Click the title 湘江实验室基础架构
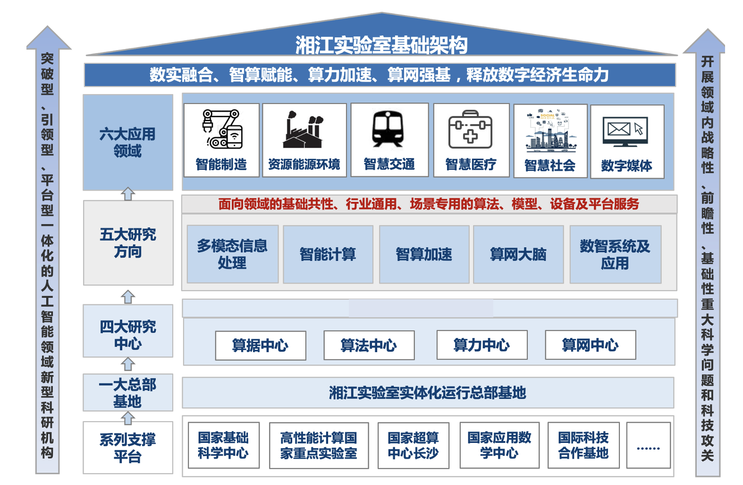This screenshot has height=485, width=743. pos(381,45)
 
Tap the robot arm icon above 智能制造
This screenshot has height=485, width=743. pos(222,129)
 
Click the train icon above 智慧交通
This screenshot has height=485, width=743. pos(388,129)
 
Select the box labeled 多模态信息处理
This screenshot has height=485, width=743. pos(232,254)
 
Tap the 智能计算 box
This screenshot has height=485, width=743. pos(328,254)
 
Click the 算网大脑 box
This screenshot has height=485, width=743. pos(518,254)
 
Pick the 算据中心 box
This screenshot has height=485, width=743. pos(260,346)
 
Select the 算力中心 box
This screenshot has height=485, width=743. pos(481,345)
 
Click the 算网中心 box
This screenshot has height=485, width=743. pos(590,345)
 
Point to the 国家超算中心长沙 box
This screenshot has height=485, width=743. pos(413,445)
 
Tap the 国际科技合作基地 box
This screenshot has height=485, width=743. pos(583,445)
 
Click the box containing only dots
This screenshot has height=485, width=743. pos(648,445)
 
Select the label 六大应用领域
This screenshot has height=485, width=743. pos(127,142)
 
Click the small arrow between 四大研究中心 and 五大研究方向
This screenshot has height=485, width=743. pos(128,296)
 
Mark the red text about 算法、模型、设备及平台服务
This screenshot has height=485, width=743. pos(428,204)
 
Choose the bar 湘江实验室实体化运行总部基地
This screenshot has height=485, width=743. pos(427,392)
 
